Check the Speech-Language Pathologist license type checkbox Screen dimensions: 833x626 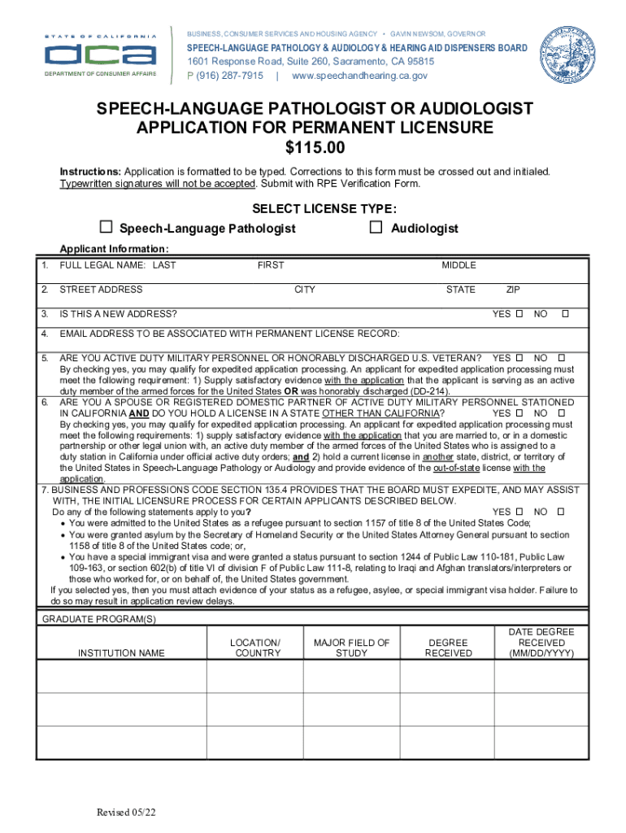click(x=106, y=227)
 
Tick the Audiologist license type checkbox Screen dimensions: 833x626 click(x=376, y=227)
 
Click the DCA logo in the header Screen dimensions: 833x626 click(x=100, y=55)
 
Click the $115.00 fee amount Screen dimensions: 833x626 click(x=315, y=148)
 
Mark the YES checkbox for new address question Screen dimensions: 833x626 click(x=518, y=314)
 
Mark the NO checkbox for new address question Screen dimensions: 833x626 click(x=566, y=314)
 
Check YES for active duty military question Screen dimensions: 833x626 click(x=518, y=358)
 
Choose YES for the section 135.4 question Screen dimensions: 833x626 click(x=518, y=512)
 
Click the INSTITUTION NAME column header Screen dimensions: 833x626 click(x=121, y=653)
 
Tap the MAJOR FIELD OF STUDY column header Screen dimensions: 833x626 click(x=351, y=648)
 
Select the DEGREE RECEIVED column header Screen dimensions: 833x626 click(x=448, y=648)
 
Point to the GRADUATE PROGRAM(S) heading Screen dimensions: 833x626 click(x=98, y=619)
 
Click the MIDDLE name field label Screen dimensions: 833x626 click(x=459, y=265)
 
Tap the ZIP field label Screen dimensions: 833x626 click(x=513, y=290)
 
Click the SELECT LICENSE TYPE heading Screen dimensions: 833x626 click(x=313, y=208)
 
